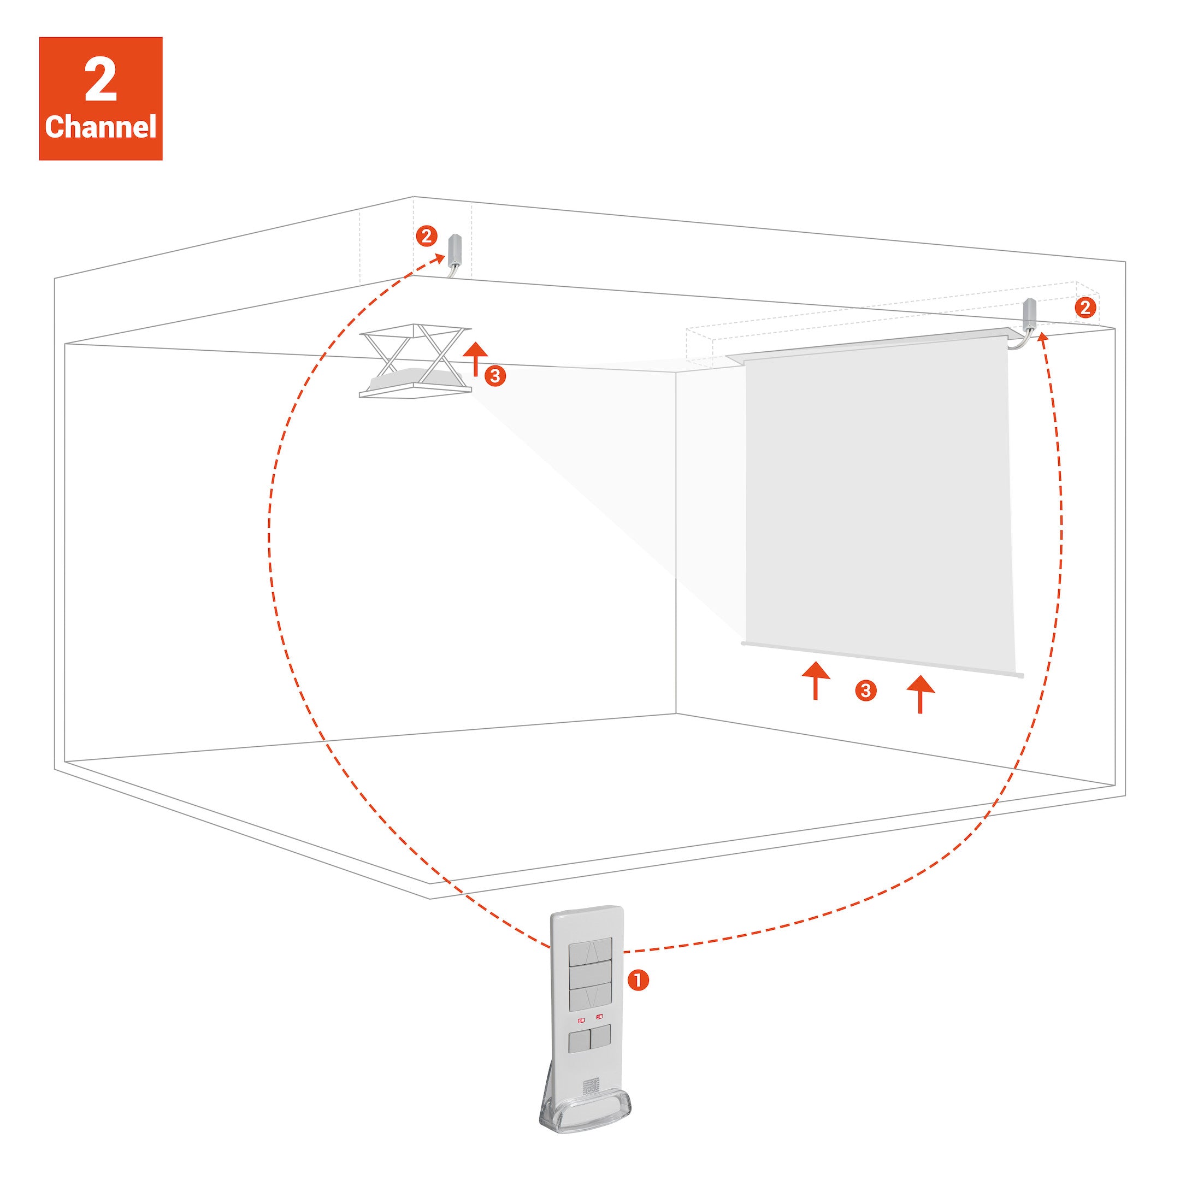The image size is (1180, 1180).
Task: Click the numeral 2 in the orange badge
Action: tap(101, 80)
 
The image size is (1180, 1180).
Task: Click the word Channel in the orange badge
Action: tap(101, 127)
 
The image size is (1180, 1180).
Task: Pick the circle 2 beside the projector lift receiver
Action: tap(426, 236)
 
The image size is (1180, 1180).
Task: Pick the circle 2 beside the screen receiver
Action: tap(1085, 307)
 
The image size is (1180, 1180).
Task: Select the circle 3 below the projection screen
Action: tap(865, 691)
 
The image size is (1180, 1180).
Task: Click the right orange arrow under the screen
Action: tap(921, 694)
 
